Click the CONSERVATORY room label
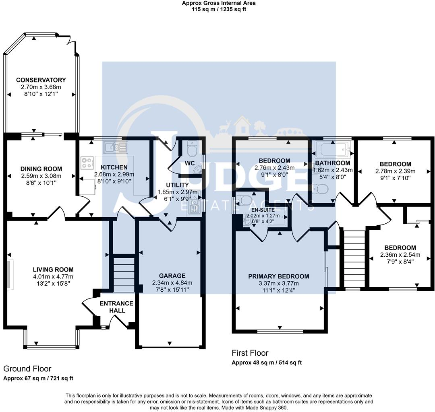39,80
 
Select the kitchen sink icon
116,148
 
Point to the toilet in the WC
192,150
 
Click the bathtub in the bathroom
333,150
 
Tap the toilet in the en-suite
244,200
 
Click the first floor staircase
352,257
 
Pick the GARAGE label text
172,276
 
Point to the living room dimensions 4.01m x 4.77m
53,276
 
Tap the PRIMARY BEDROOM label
279,276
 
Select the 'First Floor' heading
250,353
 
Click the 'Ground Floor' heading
27,369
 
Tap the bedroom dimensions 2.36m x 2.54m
400,255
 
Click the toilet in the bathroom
321,188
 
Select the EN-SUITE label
261,209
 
